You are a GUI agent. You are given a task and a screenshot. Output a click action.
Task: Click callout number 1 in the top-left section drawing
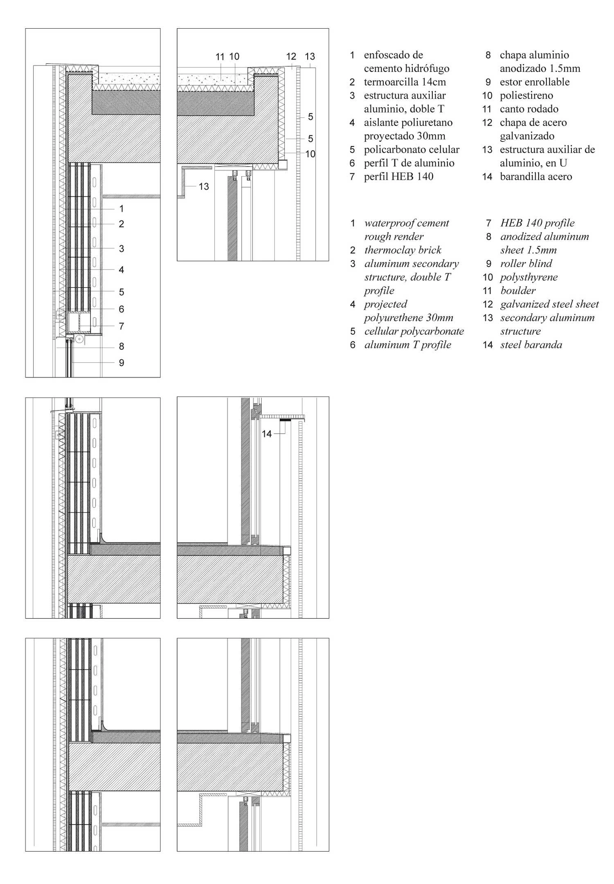[121, 209]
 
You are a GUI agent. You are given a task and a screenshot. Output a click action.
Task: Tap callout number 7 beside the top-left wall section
[121, 326]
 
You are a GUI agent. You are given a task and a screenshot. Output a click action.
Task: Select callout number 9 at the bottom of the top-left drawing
[121, 363]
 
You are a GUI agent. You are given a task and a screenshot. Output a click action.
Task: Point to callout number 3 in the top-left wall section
[121, 249]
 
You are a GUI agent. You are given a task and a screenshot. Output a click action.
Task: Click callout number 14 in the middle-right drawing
[267, 434]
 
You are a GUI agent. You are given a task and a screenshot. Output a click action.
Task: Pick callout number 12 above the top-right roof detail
[291, 56]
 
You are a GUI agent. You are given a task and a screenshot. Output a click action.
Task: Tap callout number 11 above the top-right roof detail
[220, 56]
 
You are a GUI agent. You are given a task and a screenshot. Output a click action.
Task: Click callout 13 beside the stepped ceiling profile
[204, 186]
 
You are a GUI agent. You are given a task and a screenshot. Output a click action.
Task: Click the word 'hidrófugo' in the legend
[427, 68]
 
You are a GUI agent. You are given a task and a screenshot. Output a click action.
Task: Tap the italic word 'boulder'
[518, 291]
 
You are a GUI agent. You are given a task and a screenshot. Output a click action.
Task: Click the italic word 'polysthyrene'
[529, 277]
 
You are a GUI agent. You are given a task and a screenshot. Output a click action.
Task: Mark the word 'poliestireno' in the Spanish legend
[526, 95]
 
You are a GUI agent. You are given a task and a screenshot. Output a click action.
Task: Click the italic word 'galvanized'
[523, 304]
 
